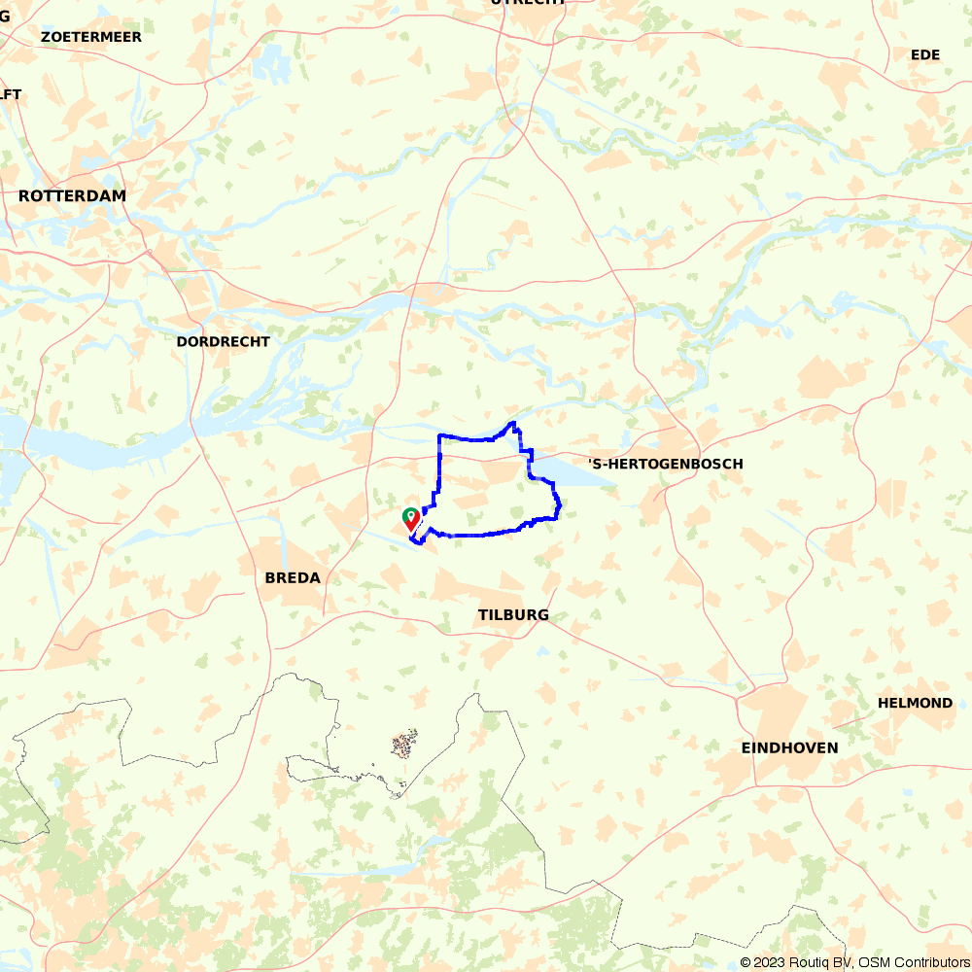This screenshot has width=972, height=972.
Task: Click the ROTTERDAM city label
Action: coord(72,195)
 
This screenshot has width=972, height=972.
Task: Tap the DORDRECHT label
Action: coord(223,342)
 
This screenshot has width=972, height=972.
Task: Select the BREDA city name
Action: coord(293,577)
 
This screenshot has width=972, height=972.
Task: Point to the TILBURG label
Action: coord(513,614)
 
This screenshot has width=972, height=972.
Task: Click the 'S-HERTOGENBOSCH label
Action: coord(666,464)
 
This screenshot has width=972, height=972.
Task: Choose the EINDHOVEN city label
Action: coord(789,747)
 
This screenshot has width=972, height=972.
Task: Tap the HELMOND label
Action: coord(915,703)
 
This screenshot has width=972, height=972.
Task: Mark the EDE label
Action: coord(925,54)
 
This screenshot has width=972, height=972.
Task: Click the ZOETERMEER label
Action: coord(91,37)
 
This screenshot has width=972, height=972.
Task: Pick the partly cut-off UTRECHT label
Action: coord(529,3)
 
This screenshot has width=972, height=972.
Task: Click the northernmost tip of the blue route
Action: coord(512,423)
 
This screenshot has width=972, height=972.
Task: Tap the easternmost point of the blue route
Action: coord(561,504)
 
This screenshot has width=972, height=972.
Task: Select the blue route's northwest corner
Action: coord(440,436)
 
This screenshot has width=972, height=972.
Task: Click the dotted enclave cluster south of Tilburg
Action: coord(404,745)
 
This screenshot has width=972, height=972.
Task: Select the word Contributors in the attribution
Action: coord(927,962)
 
